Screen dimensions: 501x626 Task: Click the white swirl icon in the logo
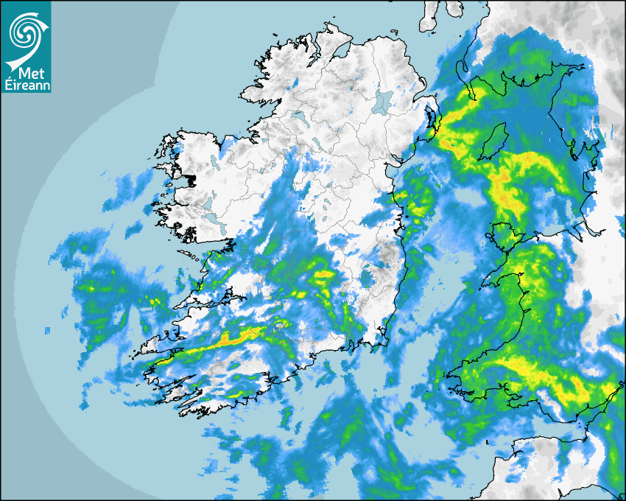(x=25, y=31)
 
